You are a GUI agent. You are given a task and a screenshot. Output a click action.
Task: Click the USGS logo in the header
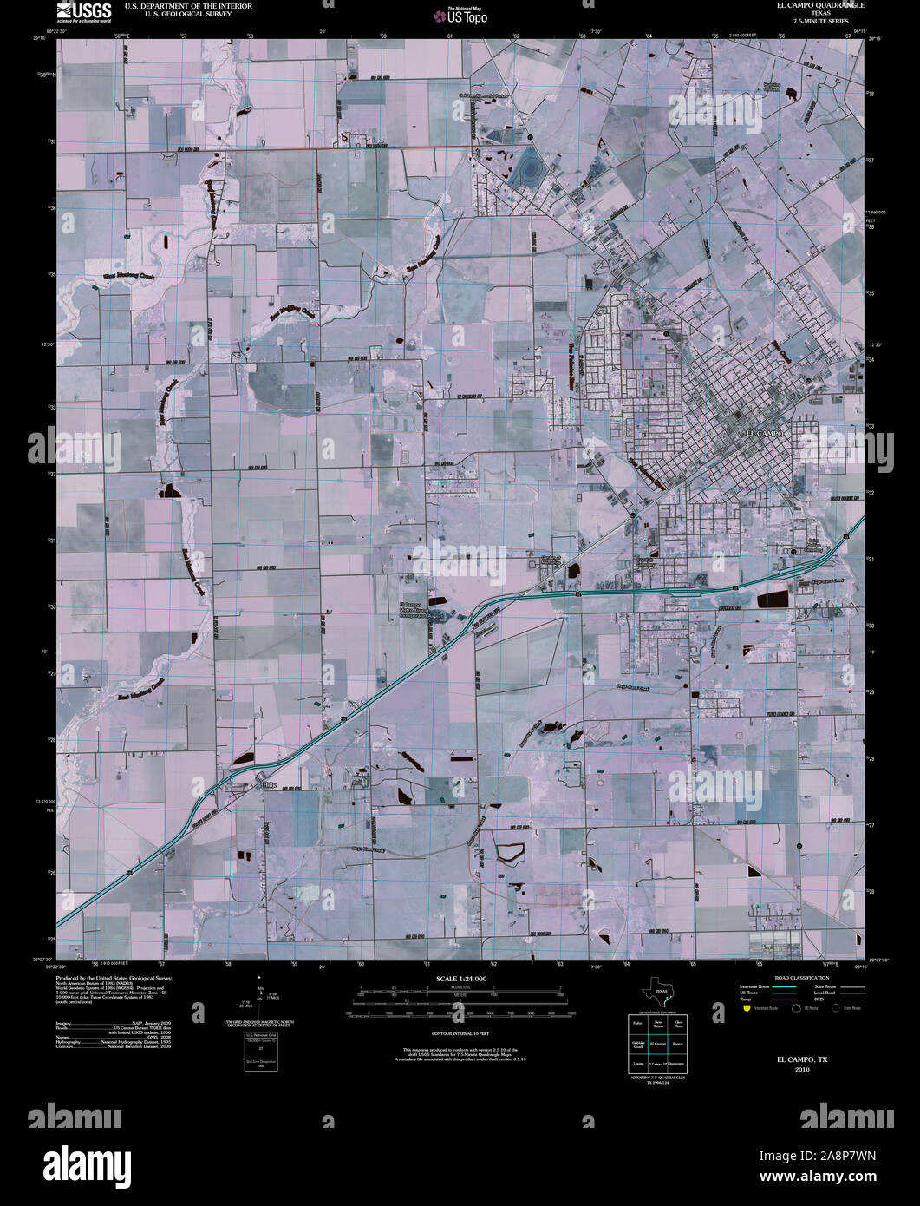[x=83, y=10]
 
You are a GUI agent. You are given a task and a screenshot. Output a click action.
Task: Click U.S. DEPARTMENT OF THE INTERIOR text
[x=177, y=5]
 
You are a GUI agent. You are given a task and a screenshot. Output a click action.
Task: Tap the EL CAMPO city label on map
[x=765, y=432]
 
